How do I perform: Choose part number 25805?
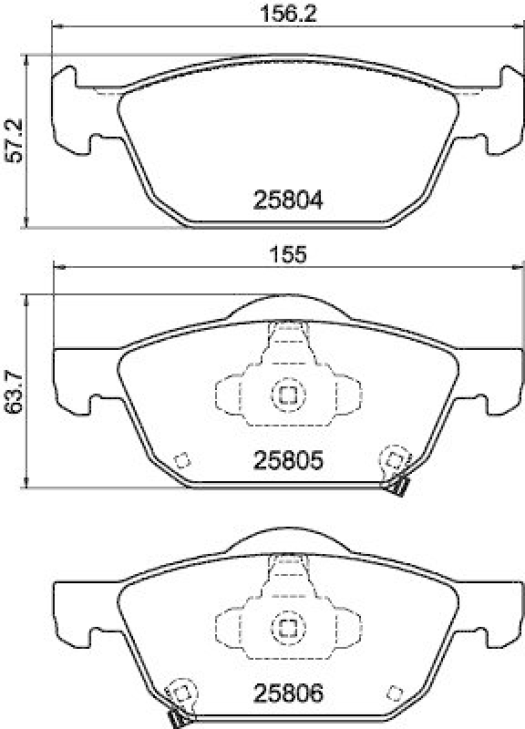coord(287,462)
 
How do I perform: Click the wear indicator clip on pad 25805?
coord(396,488)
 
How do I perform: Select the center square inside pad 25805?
coord(287,395)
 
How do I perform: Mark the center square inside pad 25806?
coord(287,627)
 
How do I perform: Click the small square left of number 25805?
coord(181,459)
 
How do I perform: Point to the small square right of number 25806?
coord(394,690)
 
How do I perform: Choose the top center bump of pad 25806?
coord(287,540)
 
